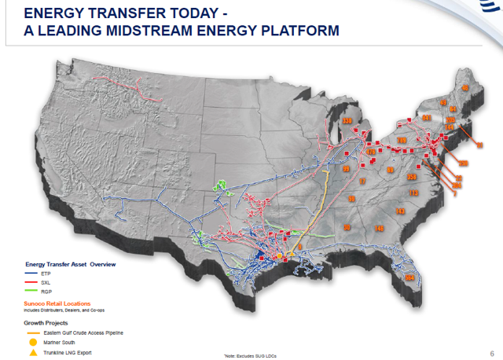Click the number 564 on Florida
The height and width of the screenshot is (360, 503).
point(409,278)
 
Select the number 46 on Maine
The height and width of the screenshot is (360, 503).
point(464,88)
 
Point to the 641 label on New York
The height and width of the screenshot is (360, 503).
point(426,118)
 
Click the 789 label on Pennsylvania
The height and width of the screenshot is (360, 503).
point(402,141)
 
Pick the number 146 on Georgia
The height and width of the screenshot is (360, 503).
point(380,228)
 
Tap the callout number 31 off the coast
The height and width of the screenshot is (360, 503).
point(479,145)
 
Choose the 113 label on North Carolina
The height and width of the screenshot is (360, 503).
point(413,193)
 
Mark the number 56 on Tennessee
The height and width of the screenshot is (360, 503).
point(351,199)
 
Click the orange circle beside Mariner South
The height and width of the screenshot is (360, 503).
point(33,343)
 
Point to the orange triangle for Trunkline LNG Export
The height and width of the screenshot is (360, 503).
point(33,353)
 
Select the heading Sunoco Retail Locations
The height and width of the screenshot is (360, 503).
point(56,303)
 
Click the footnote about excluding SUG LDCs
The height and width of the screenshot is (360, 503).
point(251,356)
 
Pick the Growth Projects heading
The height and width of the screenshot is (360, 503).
point(46,322)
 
